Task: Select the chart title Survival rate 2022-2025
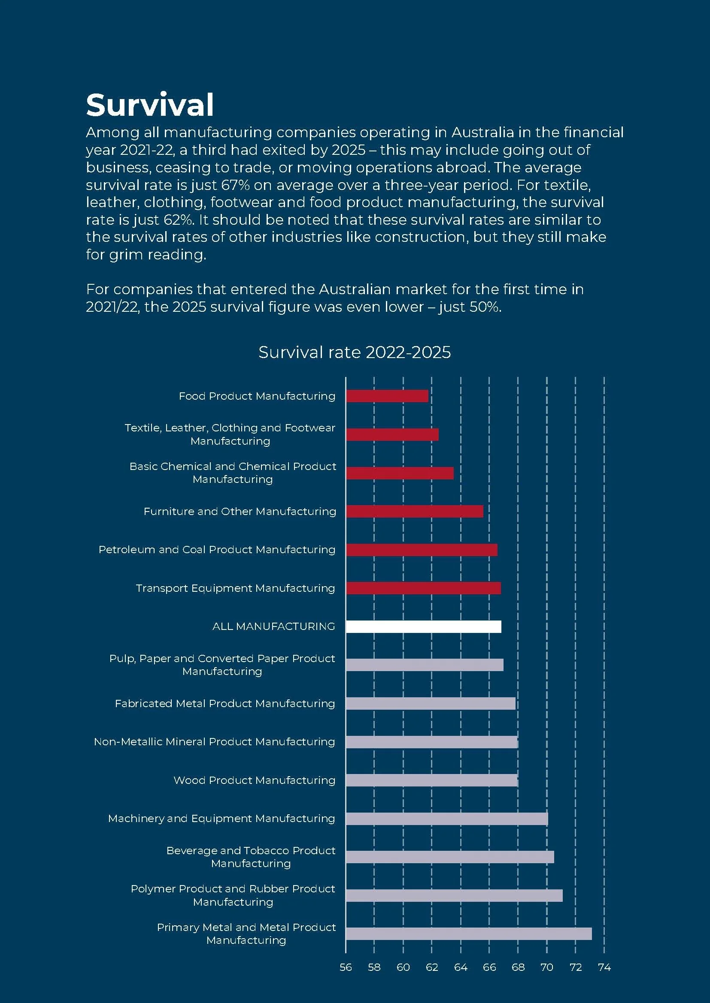click(355, 352)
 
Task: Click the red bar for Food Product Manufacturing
click(387, 396)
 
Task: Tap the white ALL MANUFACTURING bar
click(423, 626)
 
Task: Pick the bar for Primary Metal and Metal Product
click(469, 934)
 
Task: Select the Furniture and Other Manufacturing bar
click(415, 511)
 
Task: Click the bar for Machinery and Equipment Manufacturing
click(447, 819)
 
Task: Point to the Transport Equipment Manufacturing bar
click(423, 588)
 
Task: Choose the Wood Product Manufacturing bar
click(431, 780)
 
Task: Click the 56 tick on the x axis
click(346, 967)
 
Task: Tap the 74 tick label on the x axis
click(604, 967)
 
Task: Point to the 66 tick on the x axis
click(489, 967)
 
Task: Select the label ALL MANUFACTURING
click(274, 626)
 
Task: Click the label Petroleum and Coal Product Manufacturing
click(217, 550)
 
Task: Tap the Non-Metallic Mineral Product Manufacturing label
click(214, 742)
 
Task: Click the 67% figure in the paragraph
click(236, 185)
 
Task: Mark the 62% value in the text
click(179, 220)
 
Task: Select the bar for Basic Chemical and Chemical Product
click(400, 473)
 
